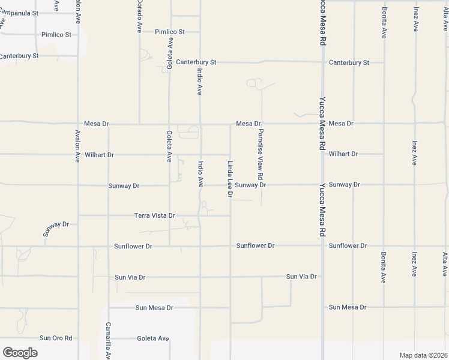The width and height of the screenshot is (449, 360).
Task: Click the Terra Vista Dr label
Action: (x=154, y=215)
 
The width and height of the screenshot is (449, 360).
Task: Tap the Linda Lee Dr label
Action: (x=229, y=179)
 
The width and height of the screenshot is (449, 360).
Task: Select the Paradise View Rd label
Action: (x=261, y=155)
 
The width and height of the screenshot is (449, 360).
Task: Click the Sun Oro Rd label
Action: (x=56, y=338)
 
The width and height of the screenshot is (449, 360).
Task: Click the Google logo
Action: (x=20, y=352)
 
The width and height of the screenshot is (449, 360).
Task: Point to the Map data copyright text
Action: (x=423, y=355)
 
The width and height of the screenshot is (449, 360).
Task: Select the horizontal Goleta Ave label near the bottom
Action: (x=152, y=338)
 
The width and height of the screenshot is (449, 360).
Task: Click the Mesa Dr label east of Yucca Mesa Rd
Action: (x=341, y=123)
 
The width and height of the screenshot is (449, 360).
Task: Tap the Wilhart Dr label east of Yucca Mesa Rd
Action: (x=343, y=154)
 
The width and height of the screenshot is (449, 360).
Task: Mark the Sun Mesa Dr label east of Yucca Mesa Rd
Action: (x=347, y=307)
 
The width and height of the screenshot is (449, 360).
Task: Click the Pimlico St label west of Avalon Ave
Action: (x=56, y=35)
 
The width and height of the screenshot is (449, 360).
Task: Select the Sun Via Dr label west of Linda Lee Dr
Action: (x=130, y=277)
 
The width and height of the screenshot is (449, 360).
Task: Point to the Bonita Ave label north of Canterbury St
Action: (x=384, y=23)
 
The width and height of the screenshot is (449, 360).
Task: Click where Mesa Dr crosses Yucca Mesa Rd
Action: (x=323, y=123)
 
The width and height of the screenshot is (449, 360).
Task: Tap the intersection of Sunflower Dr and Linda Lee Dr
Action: (x=231, y=245)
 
